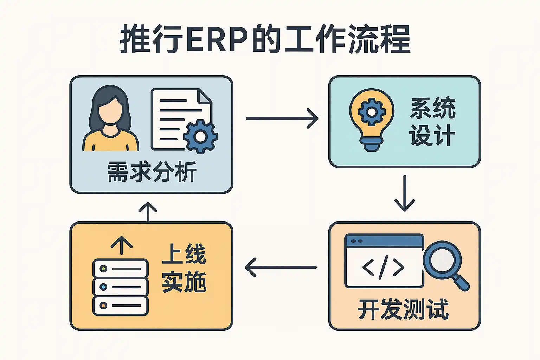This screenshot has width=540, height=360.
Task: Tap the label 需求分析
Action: [x=152, y=172]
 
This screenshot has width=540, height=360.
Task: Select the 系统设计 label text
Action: [x=432, y=122]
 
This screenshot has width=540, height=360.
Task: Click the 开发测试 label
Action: [x=403, y=309]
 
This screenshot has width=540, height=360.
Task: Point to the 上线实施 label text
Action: [x=184, y=268]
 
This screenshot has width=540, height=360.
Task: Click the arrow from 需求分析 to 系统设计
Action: [x=282, y=118]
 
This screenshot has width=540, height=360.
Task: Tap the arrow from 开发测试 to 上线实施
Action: [x=281, y=268]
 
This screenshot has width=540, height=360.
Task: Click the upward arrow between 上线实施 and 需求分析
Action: [x=148, y=212]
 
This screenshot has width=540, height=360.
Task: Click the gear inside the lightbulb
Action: [x=372, y=112]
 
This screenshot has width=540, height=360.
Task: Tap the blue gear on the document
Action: [x=200, y=136]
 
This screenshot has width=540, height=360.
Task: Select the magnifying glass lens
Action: [x=442, y=260]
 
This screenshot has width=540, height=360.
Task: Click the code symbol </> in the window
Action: [x=383, y=268]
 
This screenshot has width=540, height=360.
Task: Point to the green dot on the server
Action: [x=103, y=269]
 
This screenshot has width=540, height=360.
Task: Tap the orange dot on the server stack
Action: [x=103, y=306]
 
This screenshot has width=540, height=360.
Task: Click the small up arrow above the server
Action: [x=121, y=245]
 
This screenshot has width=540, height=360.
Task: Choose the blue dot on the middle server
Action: [x=103, y=287]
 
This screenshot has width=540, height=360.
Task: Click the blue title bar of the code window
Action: [x=384, y=241]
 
